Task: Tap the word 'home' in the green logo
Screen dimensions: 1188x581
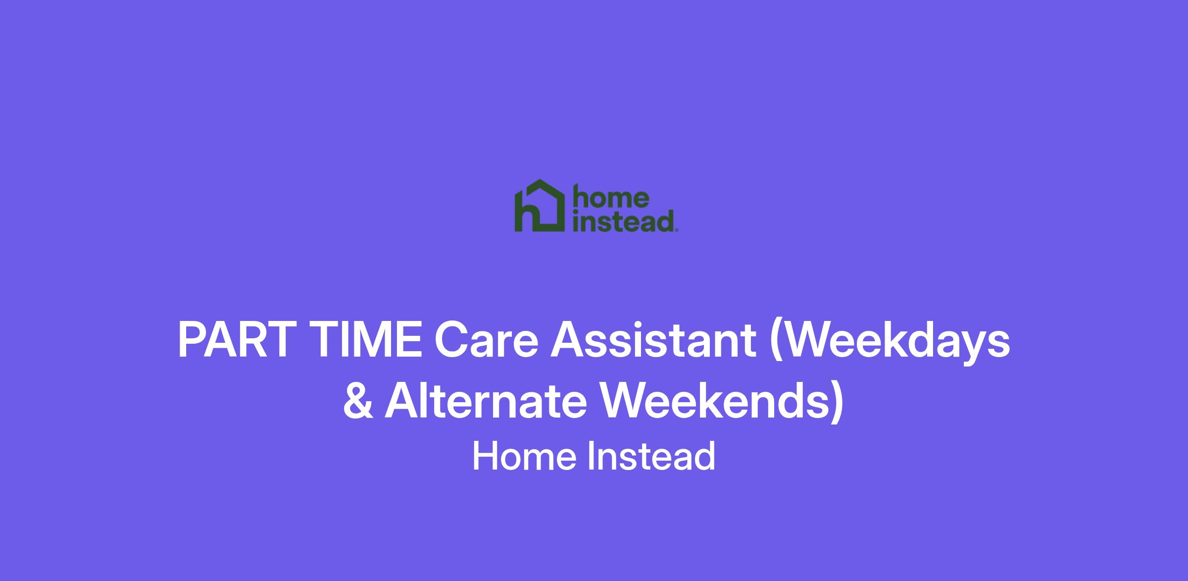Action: pos(610,198)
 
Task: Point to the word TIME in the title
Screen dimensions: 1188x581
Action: pos(367,341)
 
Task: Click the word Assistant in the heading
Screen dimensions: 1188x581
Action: pos(653,341)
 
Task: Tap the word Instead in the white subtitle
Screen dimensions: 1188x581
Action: pos(651,456)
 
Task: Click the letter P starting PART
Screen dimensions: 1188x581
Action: pos(192,341)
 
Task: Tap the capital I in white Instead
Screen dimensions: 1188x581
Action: pos(591,456)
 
